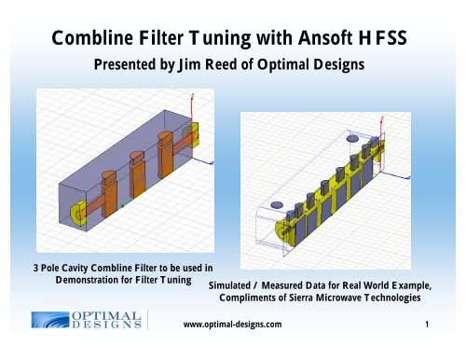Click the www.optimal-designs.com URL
click(x=233, y=325)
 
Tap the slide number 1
click(x=425, y=325)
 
